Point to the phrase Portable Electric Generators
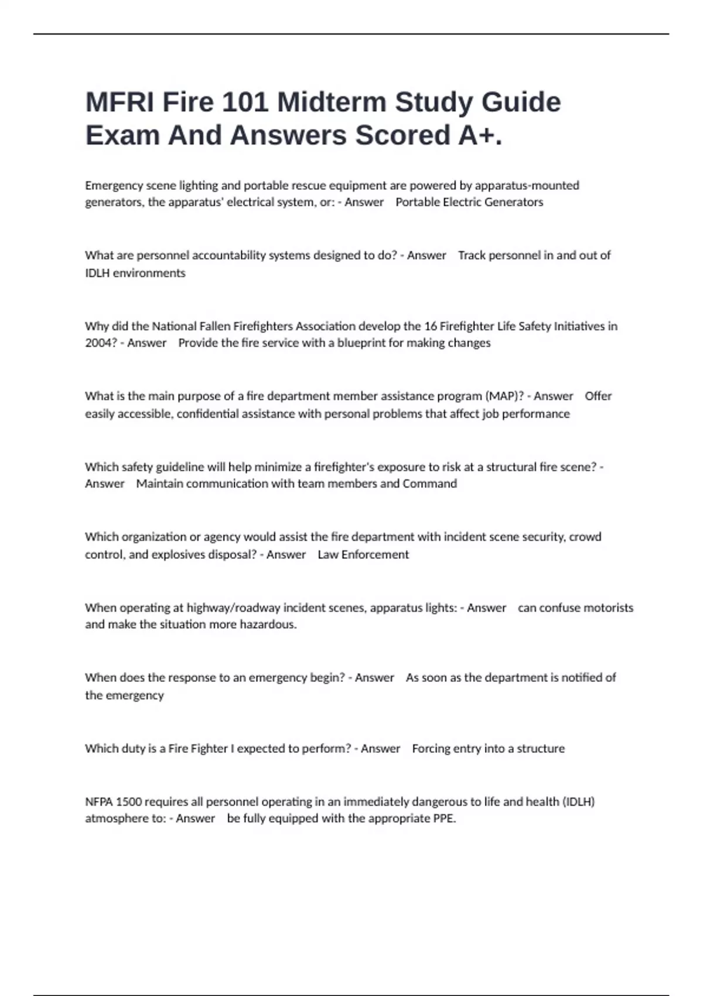[x=469, y=202]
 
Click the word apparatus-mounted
[x=527, y=186]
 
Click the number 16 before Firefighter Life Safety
[x=431, y=326]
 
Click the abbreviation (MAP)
[x=504, y=396]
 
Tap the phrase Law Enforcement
[x=363, y=554]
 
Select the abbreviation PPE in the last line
[x=443, y=818]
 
